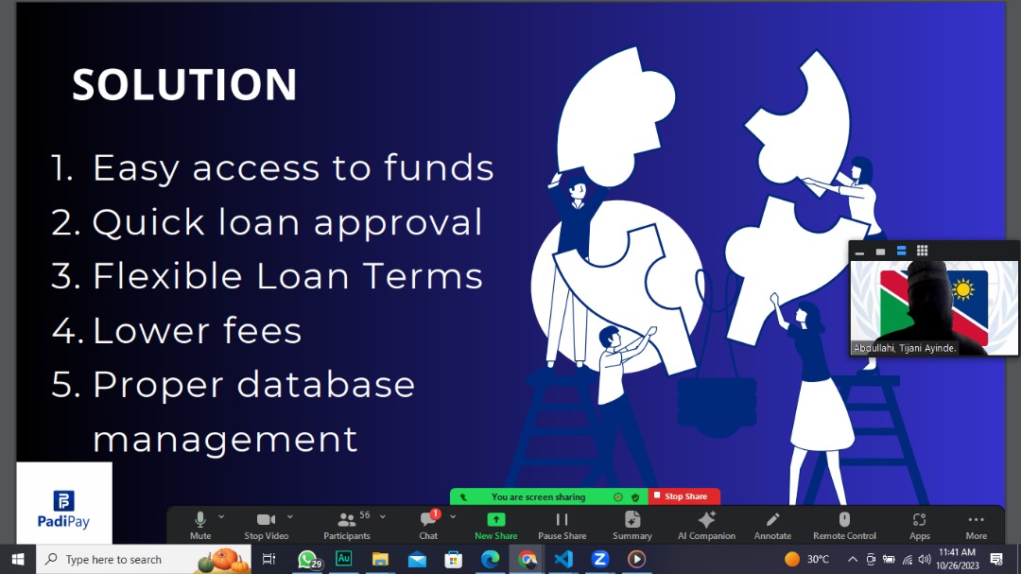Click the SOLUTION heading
pos(184,85)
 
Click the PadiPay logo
pos(63,510)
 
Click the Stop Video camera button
pos(266,525)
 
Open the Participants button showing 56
pos(347,525)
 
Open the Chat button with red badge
pos(428,525)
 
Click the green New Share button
pos(495,525)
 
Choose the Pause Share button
pos(562,525)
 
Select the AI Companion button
pos(706,525)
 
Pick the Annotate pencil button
pos(772,525)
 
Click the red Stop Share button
pos(684,496)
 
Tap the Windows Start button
pos(17,560)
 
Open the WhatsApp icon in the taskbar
pos(307,560)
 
